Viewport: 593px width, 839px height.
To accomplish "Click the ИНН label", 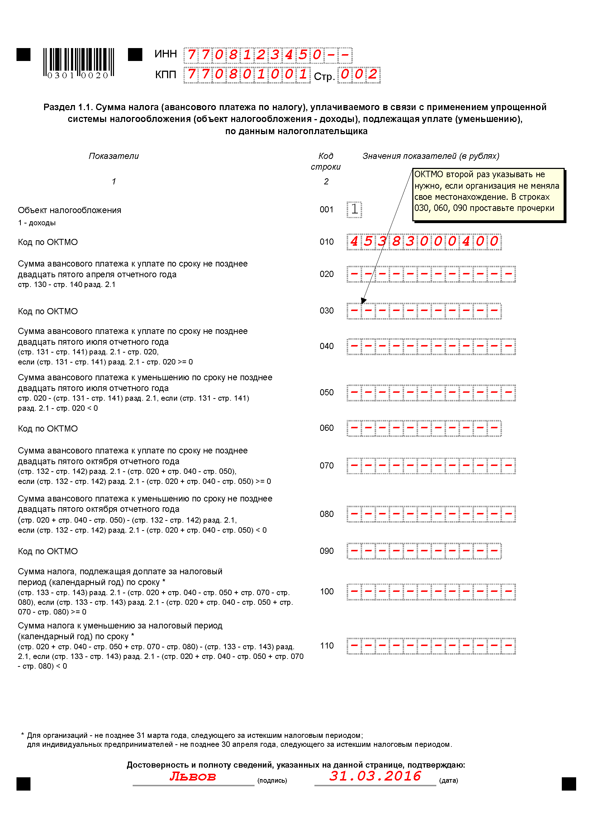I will (165, 54).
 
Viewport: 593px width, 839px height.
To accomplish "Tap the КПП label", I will (165, 75).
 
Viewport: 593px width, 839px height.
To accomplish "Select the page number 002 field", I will (359, 75).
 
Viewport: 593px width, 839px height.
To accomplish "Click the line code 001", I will (327, 209).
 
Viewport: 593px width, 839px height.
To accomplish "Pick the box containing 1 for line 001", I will (354, 209).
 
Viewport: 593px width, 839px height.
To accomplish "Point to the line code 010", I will (327, 241).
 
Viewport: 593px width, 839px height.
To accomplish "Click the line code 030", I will (327, 311).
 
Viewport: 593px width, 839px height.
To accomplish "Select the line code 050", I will (327, 392).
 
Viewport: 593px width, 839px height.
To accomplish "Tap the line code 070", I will (327, 466).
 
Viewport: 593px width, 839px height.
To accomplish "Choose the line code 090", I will (327, 551).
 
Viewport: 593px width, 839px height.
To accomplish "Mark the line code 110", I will (327, 646).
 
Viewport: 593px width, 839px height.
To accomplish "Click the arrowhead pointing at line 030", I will (363, 301).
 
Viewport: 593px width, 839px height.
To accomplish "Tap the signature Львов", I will (193, 776).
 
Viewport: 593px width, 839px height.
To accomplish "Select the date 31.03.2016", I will (375, 776).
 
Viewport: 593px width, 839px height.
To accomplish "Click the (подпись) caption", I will (272, 781).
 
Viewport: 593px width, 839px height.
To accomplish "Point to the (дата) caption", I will (449, 781).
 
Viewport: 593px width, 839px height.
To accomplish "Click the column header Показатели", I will (114, 156).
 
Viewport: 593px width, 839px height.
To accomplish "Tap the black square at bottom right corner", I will (569, 784).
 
